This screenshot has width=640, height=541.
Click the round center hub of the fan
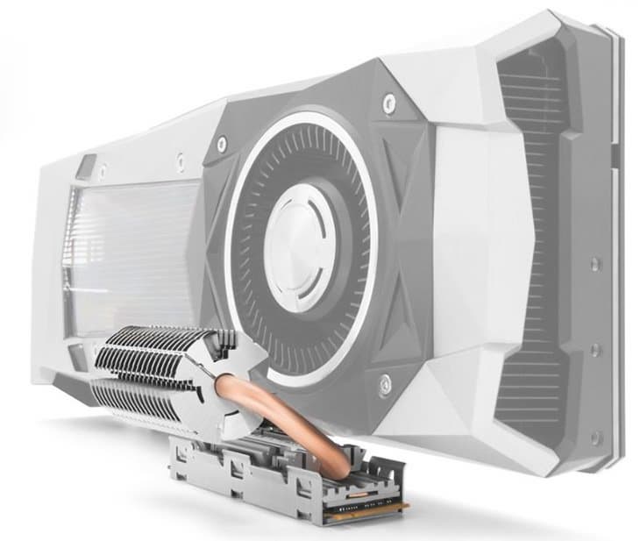point(298,238)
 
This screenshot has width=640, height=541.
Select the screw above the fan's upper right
point(389,103)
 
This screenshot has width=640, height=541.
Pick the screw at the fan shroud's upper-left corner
point(222,140)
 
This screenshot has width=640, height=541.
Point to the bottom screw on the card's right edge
point(597,436)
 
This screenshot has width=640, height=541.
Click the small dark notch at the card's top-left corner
point(85,167)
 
